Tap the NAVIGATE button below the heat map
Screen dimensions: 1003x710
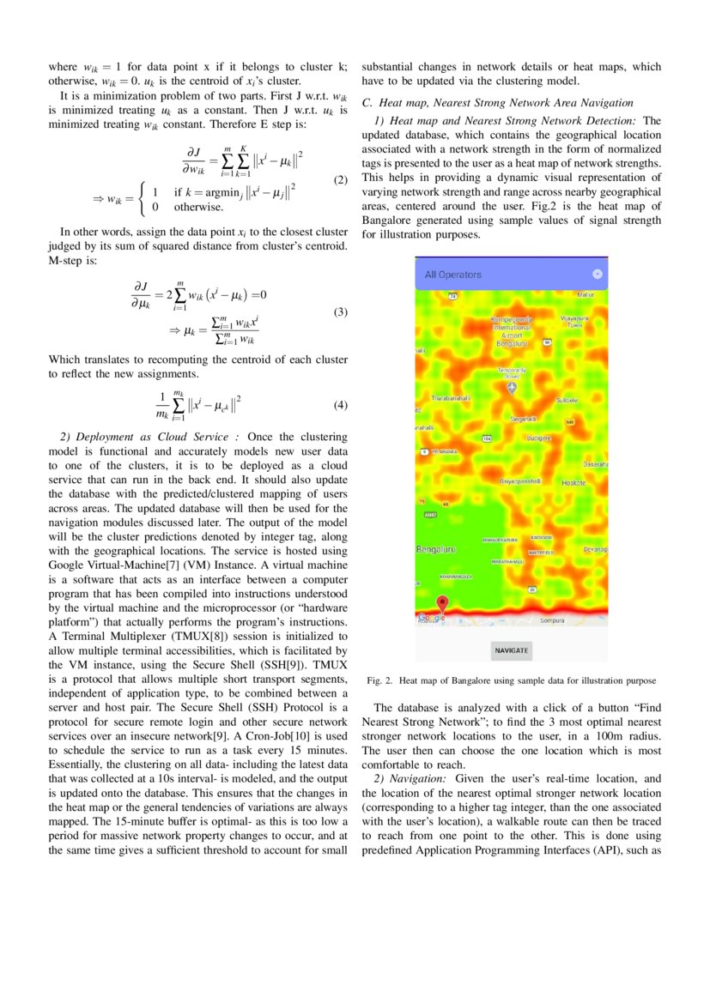pos(512,650)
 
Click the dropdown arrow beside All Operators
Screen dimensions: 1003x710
pos(598,275)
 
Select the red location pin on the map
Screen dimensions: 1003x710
pos(443,603)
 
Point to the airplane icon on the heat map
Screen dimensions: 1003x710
pos(513,389)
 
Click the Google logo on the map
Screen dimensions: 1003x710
pos(431,618)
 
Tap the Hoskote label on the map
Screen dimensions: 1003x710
pos(573,483)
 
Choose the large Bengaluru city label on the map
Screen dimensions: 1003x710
pos(436,549)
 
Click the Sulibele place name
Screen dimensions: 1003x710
pos(567,400)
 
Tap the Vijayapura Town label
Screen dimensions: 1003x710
pos(572,322)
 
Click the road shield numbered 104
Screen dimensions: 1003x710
pos(488,438)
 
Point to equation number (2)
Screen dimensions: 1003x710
pos(340,180)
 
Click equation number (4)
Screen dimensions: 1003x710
pos(340,404)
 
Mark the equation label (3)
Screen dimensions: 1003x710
pos(340,312)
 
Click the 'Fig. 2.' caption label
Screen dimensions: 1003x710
pos(379,680)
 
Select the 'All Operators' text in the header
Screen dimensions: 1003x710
pos(453,275)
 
